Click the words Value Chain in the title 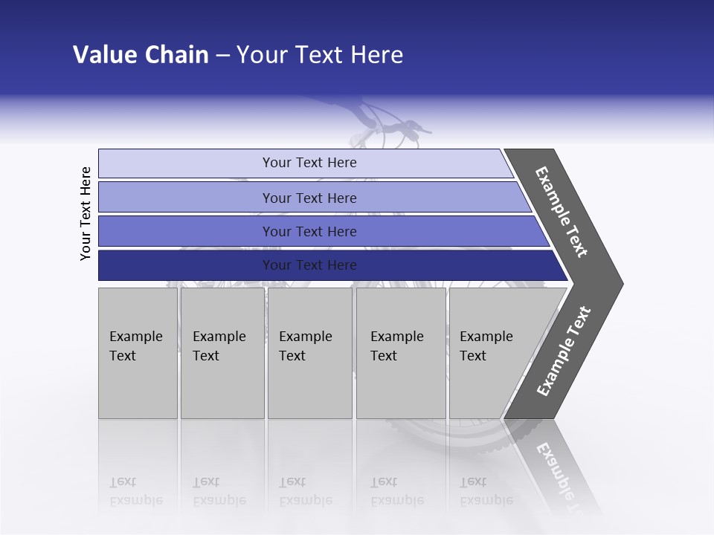click(141, 55)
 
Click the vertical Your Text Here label click(86, 214)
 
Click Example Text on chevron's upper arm click(562, 212)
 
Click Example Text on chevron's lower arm click(564, 351)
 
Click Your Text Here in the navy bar click(309, 265)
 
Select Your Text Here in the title click(320, 55)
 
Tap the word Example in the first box click(135, 337)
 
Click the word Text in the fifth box click(473, 356)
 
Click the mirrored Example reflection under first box click(135, 500)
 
